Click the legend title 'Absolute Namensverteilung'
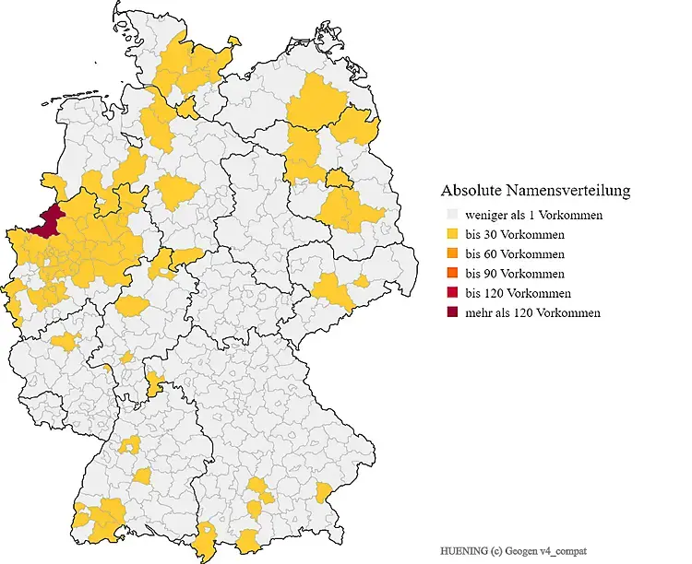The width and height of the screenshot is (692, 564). click(x=535, y=191)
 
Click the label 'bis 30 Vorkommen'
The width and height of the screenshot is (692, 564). click(x=515, y=234)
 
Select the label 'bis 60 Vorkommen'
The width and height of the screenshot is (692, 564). click(x=515, y=253)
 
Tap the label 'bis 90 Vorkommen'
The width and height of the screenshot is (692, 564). click(x=515, y=274)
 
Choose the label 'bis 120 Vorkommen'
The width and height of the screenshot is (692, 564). click(x=518, y=293)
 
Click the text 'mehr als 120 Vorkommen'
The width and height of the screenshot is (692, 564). click(x=532, y=312)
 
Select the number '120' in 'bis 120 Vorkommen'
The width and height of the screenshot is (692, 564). click(x=495, y=293)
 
